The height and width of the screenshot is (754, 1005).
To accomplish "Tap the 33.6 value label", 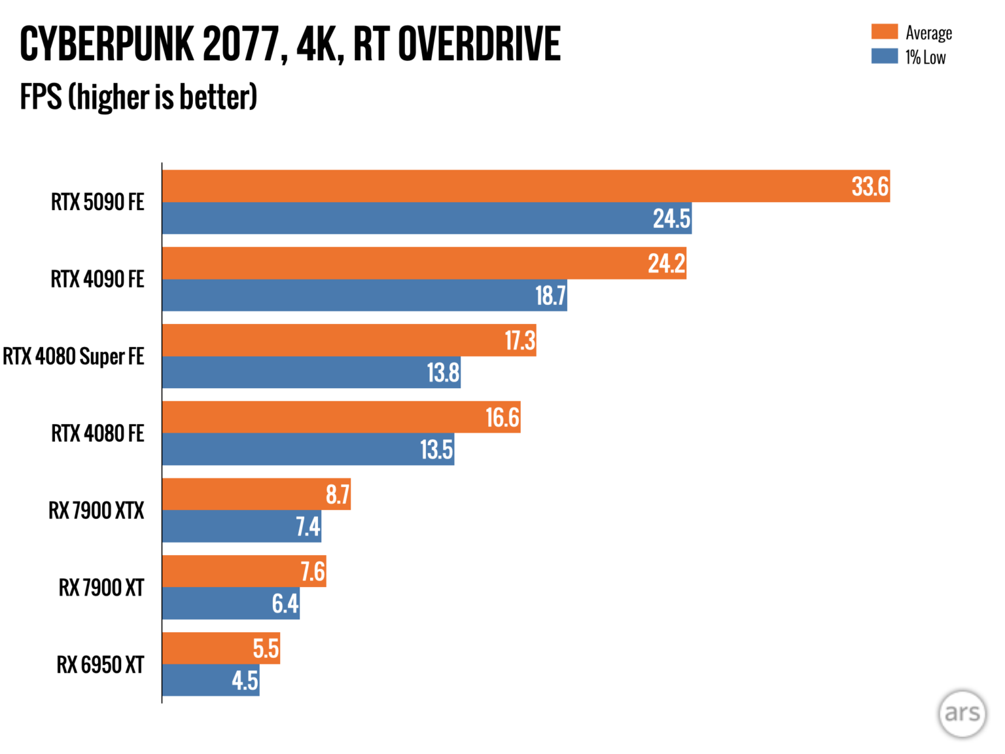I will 870,187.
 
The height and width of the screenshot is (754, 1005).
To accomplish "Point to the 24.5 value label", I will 671,219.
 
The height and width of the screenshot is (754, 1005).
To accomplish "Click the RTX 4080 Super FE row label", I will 73,357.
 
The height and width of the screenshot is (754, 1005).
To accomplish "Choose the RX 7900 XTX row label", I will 96,511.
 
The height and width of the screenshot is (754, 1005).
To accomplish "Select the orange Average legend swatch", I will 884,31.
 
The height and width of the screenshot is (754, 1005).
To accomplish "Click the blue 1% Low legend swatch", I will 884,56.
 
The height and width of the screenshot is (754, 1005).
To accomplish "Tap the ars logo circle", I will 962,713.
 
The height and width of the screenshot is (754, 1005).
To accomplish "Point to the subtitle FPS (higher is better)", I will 138,97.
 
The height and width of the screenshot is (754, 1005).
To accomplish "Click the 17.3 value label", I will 520,341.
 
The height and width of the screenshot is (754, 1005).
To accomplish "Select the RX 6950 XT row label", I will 100,665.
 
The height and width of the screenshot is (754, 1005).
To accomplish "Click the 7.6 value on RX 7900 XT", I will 313,572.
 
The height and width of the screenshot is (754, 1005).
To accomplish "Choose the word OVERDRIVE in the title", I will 479,45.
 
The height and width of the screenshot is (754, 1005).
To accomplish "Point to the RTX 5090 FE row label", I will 97,202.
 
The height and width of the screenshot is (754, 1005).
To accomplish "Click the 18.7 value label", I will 550,296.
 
